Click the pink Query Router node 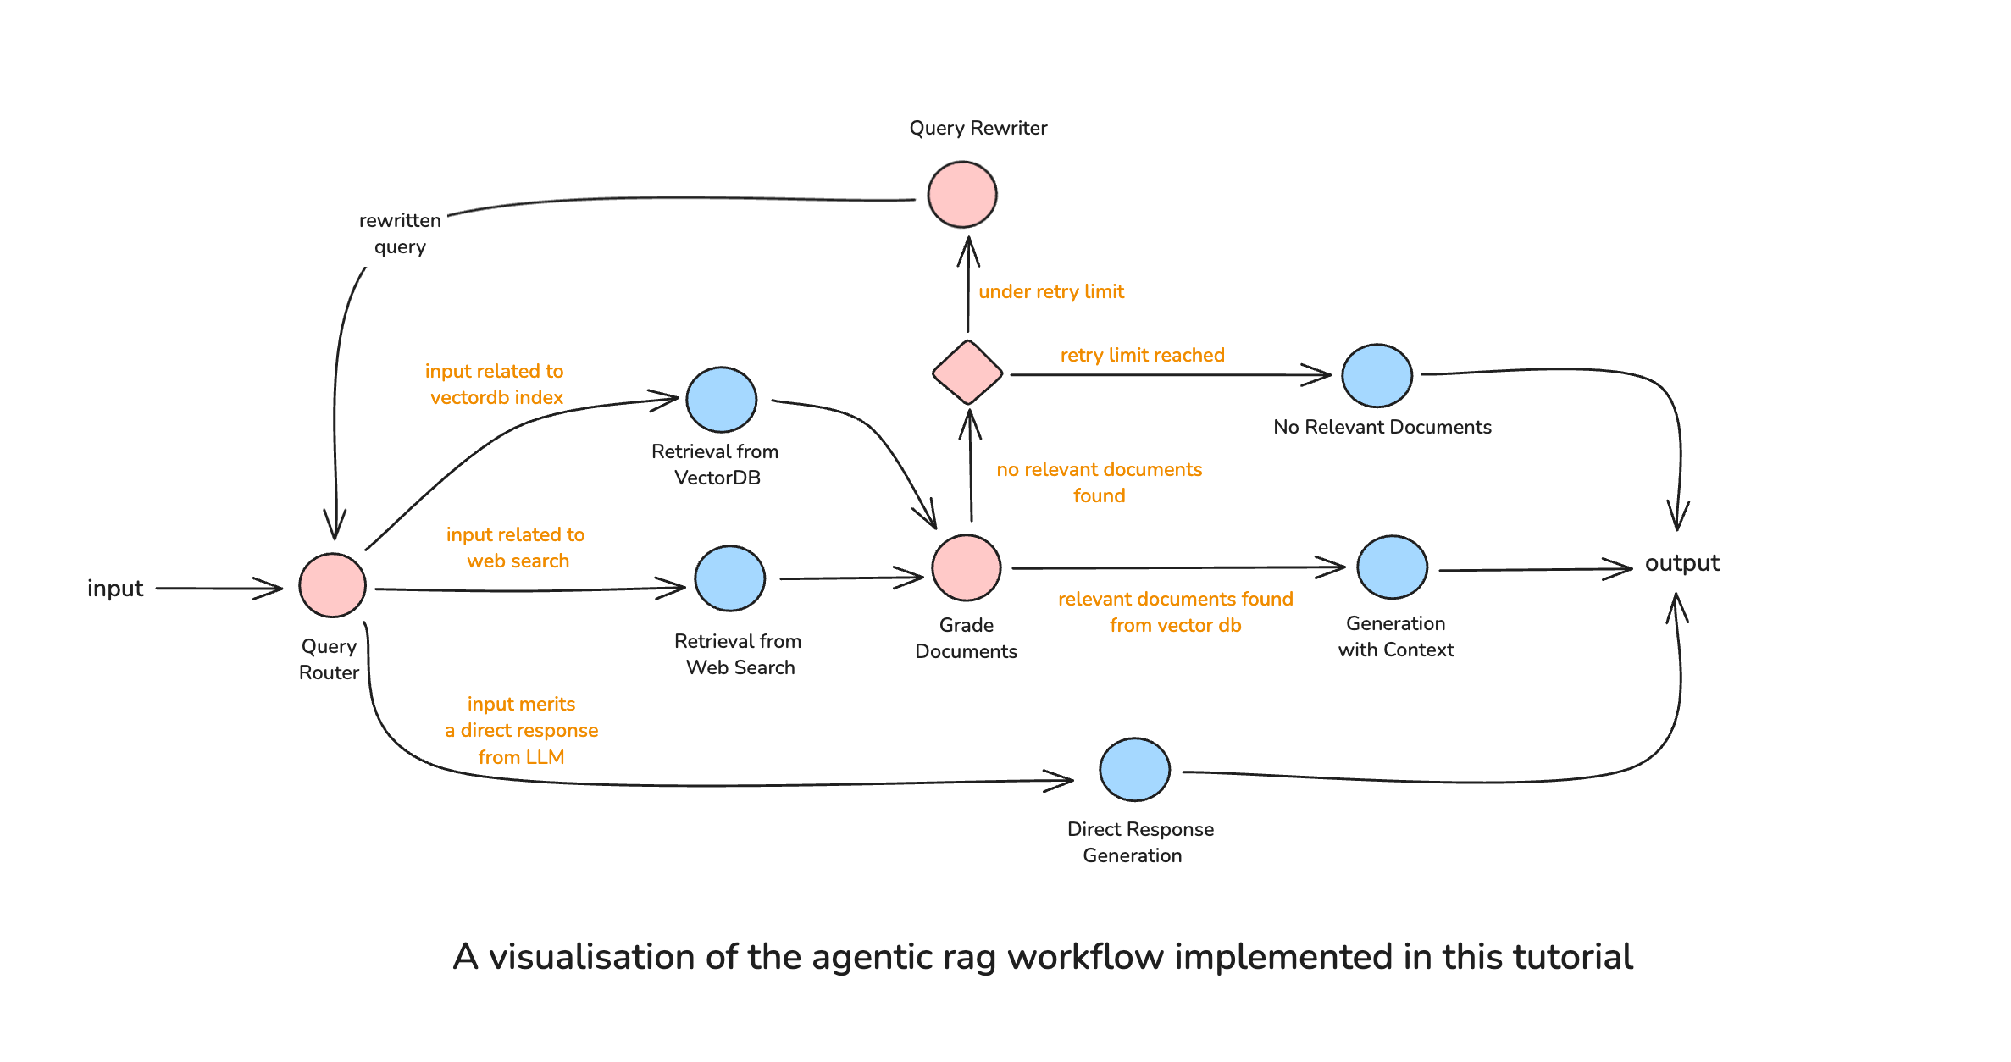point(332,585)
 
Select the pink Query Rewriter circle point(961,195)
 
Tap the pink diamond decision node point(967,373)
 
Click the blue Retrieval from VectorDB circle point(721,400)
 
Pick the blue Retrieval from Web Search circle point(729,578)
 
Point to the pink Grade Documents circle point(966,567)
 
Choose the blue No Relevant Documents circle point(1377,375)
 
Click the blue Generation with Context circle point(1392,567)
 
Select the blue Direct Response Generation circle point(1134,769)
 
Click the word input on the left point(115,588)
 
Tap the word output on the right point(1681,563)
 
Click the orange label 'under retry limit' point(1050,291)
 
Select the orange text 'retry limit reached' point(1142,355)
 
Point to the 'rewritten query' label point(400,233)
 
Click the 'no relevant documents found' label point(1099,482)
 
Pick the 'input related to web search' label point(516,547)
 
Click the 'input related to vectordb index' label point(495,384)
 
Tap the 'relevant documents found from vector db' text point(1175,611)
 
